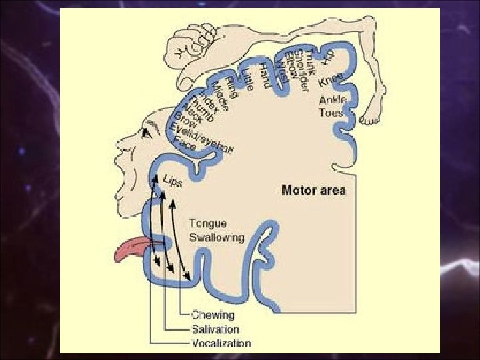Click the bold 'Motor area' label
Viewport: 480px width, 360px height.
(313, 191)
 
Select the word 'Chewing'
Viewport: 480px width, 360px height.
(213, 315)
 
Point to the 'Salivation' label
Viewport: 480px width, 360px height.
(215, 329)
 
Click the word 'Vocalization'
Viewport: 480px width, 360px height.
(221, 344)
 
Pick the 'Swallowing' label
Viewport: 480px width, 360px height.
(217, 237)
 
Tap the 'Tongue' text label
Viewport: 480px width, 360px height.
(207, 225)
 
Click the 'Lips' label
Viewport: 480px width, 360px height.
(172, 181)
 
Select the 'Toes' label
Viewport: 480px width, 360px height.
(331, 113)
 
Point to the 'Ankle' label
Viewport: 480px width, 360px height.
(332, 101)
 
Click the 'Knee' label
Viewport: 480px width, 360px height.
(331, 80)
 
